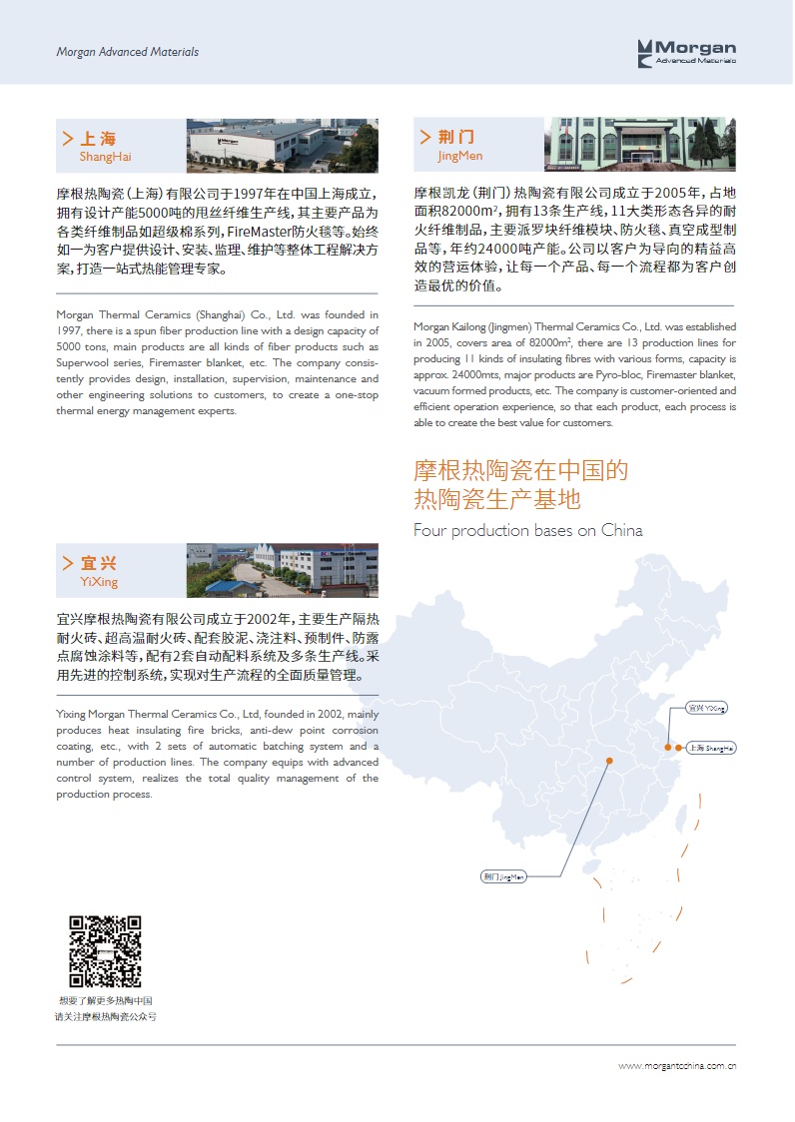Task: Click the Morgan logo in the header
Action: click(687, 52)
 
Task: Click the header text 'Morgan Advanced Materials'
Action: click(127, 52)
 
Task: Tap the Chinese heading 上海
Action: click(98, 139)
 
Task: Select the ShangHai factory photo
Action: click(283, 147)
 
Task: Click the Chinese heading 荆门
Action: click(455, 137)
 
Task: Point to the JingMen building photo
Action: click(639, 144)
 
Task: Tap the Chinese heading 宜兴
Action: click(99, 564)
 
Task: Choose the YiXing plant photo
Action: click(283, 570)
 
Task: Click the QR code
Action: click(105, 951)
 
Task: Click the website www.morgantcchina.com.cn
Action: click(677, 1066)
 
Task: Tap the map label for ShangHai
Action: click(710, 748)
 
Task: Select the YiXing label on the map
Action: click(707, 708)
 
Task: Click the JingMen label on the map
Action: click(503, 876)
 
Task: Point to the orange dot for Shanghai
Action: click(679, 747)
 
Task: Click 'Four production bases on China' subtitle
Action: click(528, 530)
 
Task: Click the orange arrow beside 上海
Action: click(67, 139)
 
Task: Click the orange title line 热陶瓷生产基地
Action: click(497, 498)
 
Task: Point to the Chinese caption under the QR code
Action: click(105, 1008)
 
